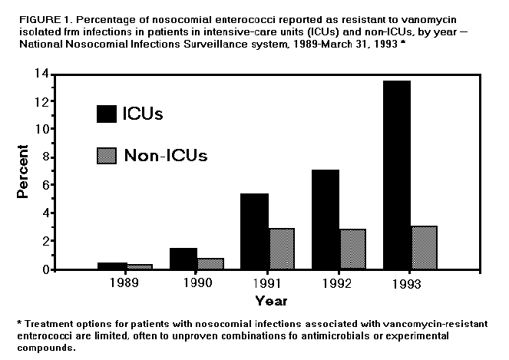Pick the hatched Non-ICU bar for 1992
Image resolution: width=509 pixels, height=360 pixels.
point(352,249)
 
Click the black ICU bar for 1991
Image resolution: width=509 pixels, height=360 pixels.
point(254,231)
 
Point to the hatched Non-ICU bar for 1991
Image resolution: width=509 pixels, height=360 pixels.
point(283,249)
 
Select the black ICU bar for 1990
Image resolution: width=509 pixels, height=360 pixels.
point(183,259)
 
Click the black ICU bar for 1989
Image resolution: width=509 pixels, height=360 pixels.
point(113,266)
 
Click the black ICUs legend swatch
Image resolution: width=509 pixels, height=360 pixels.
point(106,114)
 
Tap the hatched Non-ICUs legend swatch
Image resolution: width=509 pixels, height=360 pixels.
point(106,155)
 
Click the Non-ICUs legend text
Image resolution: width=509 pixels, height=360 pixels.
point(165,155)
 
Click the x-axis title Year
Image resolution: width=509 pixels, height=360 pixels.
point(271,299)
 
